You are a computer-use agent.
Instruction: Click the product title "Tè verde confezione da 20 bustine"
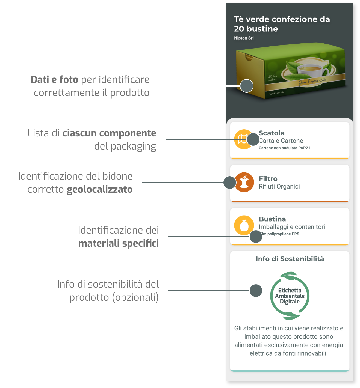tap(282, 24)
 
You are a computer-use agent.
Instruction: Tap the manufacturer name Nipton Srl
tap(244, 38)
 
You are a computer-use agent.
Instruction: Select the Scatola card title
tap(272, 133)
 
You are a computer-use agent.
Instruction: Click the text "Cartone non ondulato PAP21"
tap(284, 148)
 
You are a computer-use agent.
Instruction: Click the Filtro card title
tap(268, 179)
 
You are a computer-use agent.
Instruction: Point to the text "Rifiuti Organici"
tap(279, 186)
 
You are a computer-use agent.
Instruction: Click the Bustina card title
tap(272, 219)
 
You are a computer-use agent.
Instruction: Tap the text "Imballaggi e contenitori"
tap(292, 227)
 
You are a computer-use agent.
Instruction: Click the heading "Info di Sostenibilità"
tap(290, 259)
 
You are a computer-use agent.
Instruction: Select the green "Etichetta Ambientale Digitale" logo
tap(290, 296)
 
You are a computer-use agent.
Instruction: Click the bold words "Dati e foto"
tap(54, 80)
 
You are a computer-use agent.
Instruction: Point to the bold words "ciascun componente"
tap(109, 133)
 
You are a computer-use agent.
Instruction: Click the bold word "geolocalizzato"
tap(99, 189)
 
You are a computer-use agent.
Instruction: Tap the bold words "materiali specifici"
tap(118, 243)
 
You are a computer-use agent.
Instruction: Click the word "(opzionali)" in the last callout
tap(135, 297)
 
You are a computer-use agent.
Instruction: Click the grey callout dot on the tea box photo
tap(247, 86)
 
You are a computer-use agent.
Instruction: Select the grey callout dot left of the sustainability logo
tap(256, 290)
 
